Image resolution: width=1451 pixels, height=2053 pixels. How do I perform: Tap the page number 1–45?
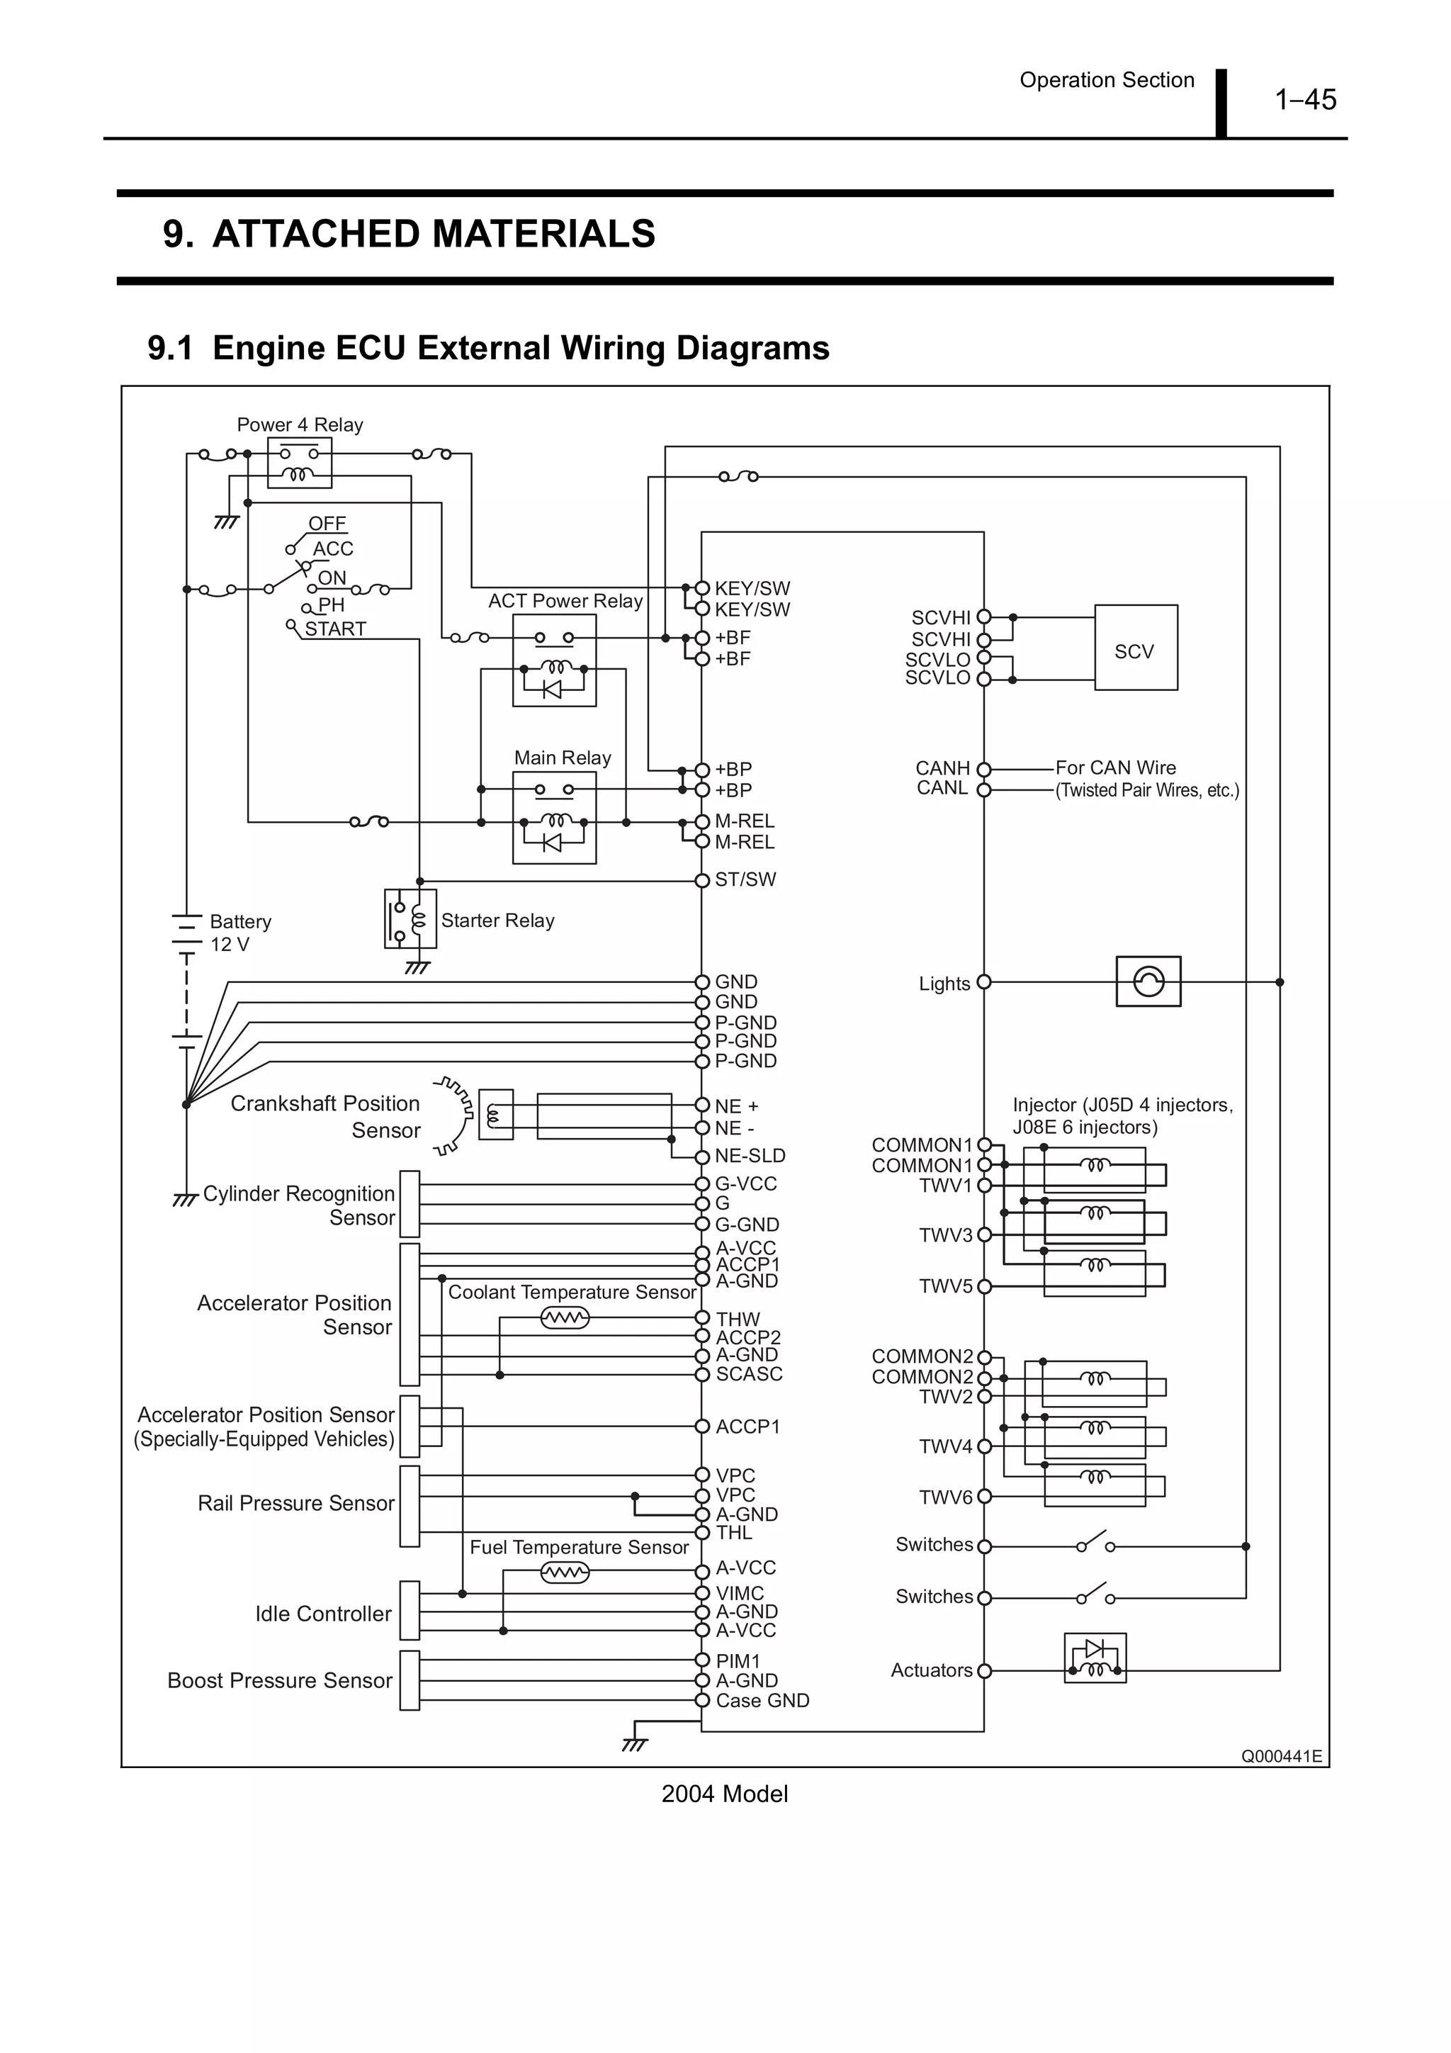pyautogui.click(x=1304, y=99)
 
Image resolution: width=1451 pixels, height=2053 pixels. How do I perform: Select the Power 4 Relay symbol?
pyautogui.click(x=300, y=463)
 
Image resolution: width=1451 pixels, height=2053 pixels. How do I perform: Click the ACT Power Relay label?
pyautogui.click(x=565, y=601)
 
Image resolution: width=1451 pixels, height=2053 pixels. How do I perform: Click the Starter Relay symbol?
pyautogui.click(x=410, y=918)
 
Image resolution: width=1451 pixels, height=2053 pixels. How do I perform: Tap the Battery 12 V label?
pyautogui.click(x=239, y=933)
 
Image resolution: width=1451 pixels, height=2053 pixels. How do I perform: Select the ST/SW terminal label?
pyautogui.click(x=745, y=880)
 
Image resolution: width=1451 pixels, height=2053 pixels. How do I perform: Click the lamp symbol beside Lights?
pyautogui.click(x=1148, y=981)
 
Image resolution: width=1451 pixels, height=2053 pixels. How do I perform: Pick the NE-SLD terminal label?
pyautogui.click(x=749, y=1156)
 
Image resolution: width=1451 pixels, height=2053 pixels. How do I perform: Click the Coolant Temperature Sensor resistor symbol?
pyautogui.click(x=565, y=1318)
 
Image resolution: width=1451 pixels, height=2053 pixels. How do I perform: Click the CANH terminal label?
pyautogui.click(x=942, y=768)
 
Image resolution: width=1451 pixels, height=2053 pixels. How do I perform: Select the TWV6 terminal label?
pyautogui.click(x=945, y=1497)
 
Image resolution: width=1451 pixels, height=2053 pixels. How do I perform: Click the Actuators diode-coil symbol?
pyautogui.click(x=1095, y=1659)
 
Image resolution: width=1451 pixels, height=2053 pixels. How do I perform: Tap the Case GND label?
pyautogui.click(x=762, y=1701)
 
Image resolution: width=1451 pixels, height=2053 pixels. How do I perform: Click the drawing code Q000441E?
pyautogui.click(x=1280, y=1756)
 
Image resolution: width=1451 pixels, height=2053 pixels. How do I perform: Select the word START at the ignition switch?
pyautogui.click(x=335, y=629)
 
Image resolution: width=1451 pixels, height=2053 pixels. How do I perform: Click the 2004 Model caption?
pyautogui.click(x=724, y=1794)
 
